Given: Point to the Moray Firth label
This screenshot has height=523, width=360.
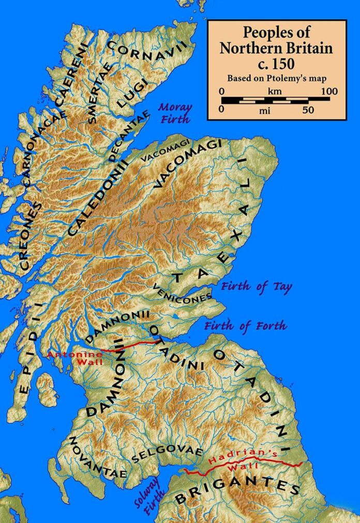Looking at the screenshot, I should coord(174,113).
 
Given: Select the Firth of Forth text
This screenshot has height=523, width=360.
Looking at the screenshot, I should coord(245,326).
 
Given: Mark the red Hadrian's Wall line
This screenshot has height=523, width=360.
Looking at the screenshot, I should coord(243,467).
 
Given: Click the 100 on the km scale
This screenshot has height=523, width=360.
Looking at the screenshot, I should coord(328,91).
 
